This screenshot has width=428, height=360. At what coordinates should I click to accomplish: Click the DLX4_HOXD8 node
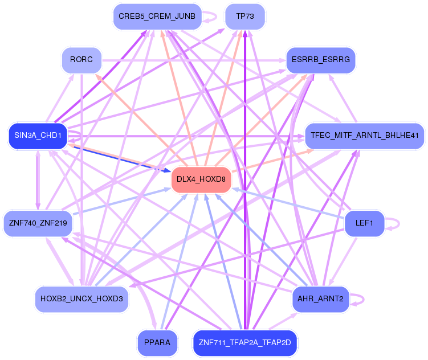click(201, 179)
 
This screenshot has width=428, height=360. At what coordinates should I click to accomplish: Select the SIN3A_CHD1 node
click(38, 136)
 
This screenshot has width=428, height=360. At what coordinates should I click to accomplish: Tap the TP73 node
click(244, 17)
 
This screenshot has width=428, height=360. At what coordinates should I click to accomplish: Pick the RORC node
click(81, 59)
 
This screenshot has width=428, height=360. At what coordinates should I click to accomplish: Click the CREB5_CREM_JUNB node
click(157, 17)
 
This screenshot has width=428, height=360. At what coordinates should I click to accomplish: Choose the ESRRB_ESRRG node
click(320, 59)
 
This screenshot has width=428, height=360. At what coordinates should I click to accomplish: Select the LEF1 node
click(364, 223)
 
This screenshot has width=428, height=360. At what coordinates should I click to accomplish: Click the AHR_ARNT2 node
click(320, 299)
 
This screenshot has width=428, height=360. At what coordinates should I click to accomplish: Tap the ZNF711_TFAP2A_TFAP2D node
click(245, 343)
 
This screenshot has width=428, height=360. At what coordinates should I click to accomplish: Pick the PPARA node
click(157, 343)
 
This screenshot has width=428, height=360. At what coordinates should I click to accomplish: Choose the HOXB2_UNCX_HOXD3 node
click(81, 299)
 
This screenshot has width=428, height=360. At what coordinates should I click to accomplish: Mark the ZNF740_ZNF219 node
click(38, 223)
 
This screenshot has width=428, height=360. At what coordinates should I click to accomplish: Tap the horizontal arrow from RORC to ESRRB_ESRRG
click(194, 59)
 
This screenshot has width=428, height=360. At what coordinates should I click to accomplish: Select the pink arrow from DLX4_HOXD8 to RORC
click(142, 121)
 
